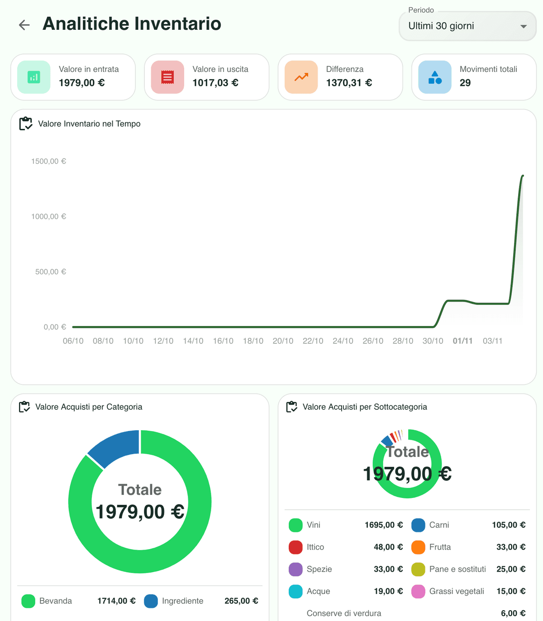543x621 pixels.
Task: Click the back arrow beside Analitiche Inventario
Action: (x=24, y=25)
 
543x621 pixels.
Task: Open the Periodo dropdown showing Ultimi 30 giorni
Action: (x=467, y=26)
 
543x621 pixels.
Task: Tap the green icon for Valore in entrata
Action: (x=34, y=77)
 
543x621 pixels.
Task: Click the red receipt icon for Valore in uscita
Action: (x=167, y=77)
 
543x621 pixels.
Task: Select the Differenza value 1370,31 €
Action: (x=349, y=83)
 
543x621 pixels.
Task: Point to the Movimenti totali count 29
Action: (x=465, y=83)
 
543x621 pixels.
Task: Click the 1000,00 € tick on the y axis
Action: (x=48, y=217)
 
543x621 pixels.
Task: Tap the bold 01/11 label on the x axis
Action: (x=462, y=341)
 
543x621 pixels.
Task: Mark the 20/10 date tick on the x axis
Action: (x=283, y=341)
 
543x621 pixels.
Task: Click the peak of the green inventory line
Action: (x=523, y=176)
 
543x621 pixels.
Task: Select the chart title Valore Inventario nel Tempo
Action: (x=89, y=124)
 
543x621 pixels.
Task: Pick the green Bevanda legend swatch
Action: (x=29, y=601)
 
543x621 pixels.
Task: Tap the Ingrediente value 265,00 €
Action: (x=241, y=601)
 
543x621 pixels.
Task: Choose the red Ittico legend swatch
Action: (x=295, y=547)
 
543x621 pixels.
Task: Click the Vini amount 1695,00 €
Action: (x=383, y=525)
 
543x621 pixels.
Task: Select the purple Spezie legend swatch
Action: (x=295, y=569)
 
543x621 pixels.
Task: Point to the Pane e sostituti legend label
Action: (x=457, y=569)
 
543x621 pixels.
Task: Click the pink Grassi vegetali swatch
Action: (x=418, y=592)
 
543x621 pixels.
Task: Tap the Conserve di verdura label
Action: (x=344, y=613)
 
